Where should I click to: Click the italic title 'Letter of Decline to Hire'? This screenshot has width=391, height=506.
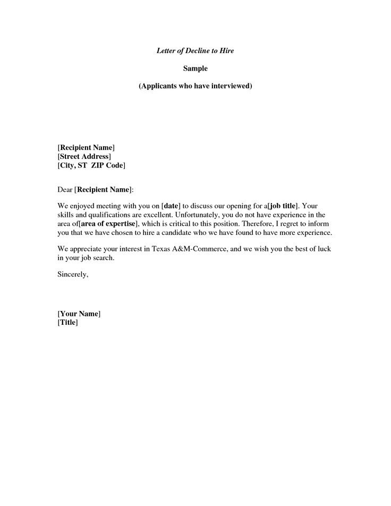tap(195, 50)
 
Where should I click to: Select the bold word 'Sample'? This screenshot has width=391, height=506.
tap(195, 68)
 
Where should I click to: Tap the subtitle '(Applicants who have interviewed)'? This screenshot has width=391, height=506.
tap(195, 86)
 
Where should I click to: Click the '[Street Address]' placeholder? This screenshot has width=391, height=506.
tap(84, 156)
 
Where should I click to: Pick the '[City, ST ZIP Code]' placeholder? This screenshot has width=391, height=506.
tap(91, 166)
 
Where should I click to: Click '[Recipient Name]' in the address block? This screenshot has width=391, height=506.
tap(86, 147)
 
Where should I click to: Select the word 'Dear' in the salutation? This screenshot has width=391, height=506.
tap(64, 189)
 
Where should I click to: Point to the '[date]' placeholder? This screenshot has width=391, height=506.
tap(171, 205)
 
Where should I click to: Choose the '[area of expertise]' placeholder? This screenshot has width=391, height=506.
tap(108, 224)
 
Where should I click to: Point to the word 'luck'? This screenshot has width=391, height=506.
tap(330, 249)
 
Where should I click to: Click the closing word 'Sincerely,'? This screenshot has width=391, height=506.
tap(73, 274)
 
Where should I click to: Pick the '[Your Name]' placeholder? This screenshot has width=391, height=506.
tap(79, 314)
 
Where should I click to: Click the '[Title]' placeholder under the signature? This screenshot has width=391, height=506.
tap(67, 323)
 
